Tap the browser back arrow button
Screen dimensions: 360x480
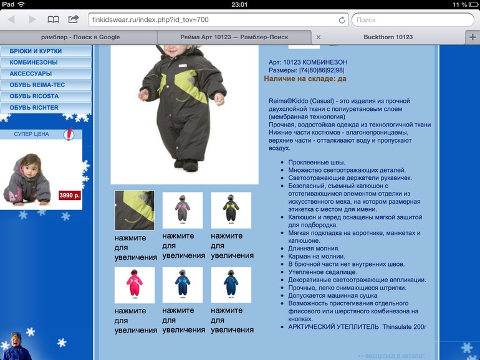click(11, 20)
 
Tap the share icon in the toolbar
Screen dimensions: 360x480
click(73, 19)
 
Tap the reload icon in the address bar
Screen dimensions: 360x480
click(342, 20)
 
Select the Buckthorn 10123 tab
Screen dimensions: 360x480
click(388, 37)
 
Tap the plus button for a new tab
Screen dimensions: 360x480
click(472, 37)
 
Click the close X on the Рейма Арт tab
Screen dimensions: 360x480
click(319, 37)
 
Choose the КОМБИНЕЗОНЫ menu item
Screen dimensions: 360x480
click(34, 62)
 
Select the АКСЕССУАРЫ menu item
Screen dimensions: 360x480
click(31, 73)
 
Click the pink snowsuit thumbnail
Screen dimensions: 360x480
click(134, 285)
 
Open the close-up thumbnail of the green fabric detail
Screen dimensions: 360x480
click(134, 211)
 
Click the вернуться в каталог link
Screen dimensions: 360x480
click(395, 355)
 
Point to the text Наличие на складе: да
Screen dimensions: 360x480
click(305, 79)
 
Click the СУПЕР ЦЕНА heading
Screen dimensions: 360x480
click(32, 134)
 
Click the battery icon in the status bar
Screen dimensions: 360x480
click(472, 4)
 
